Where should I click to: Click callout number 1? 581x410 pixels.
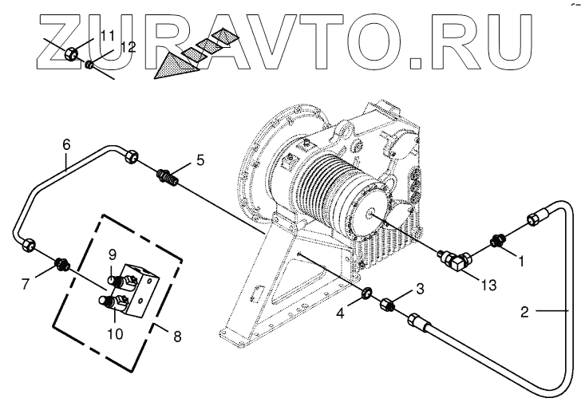tap(521, 259)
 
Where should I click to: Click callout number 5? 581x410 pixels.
tap(200, 160)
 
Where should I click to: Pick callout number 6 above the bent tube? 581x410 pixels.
tap(66, 144)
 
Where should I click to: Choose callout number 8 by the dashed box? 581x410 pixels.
tap(176, 336)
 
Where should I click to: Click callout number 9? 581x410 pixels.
tap(113, 254)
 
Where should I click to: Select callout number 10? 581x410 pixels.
tap(117, 312)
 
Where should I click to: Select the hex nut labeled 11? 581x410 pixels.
tap(70, 54)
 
